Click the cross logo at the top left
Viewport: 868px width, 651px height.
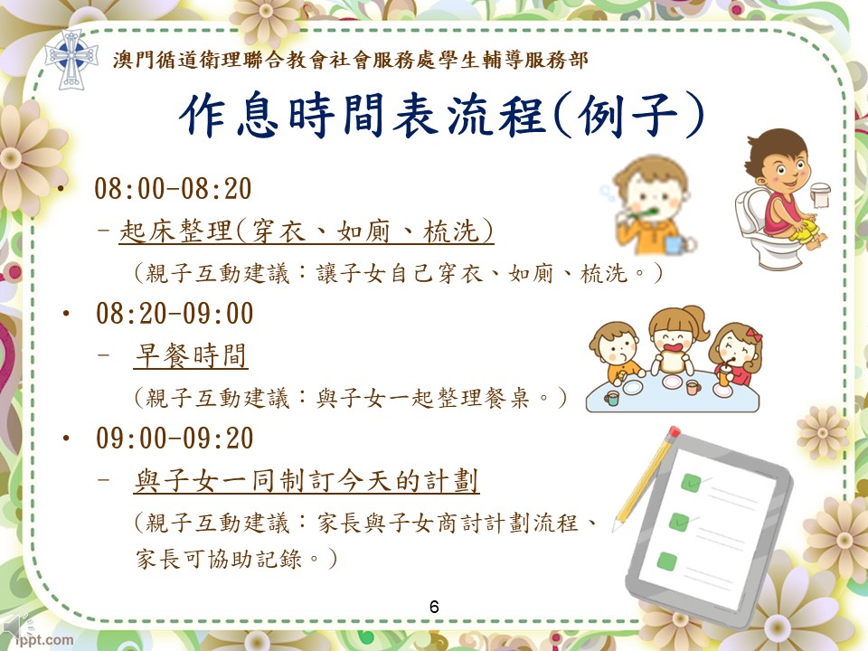(71, 59)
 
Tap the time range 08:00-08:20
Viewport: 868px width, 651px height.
(174, 189)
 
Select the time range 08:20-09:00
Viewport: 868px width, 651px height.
(175, 314)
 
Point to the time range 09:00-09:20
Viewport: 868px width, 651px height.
(175, 438)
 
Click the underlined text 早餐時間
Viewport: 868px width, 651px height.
(191, 355)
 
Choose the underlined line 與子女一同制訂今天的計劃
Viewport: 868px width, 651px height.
(307, 480)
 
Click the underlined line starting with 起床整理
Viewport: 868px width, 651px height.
(307, 231)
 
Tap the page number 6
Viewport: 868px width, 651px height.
(434, 607)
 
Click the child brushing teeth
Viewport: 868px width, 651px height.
(651, 205)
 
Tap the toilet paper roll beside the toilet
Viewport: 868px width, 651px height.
(820, 195)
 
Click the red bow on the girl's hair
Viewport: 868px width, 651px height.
(753, 335)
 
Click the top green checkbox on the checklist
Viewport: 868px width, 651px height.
(691, 483)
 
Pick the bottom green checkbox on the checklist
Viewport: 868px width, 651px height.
(667, 561)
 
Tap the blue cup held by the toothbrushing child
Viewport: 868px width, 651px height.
(675, 244)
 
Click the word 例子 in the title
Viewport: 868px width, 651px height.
(627, 116)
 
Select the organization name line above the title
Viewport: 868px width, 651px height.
(350, 60)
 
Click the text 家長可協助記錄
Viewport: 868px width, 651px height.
(219, 559)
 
